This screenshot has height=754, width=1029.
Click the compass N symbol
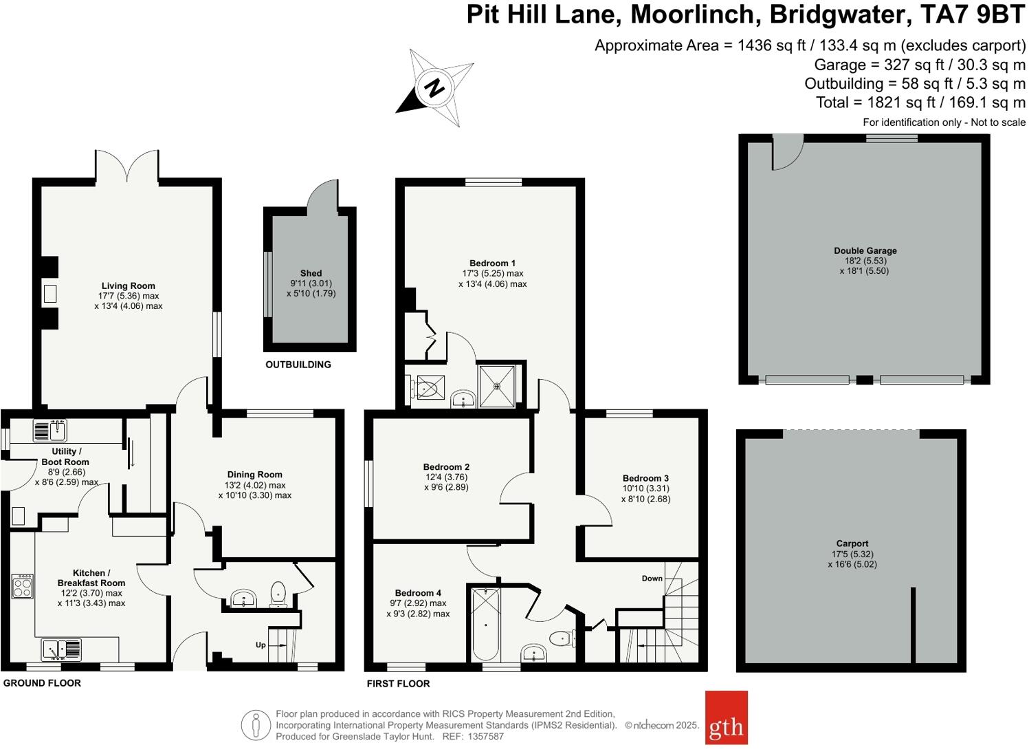[434, 88]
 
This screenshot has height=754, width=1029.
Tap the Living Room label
[129, 286]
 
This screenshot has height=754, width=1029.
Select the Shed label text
[311, 273]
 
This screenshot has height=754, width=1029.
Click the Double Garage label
[865, 250]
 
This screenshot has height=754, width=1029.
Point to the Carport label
[852, 543]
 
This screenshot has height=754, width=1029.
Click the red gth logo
[726, 718]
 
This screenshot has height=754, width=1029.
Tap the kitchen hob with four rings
[22, 586]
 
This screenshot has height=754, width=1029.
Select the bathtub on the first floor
[485, 625]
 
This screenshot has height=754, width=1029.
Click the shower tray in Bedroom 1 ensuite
[496, 385]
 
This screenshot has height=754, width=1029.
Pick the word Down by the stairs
[652, 578]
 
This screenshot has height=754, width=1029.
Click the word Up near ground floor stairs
[261, 645]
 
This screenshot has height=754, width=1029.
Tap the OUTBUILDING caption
[298, 365]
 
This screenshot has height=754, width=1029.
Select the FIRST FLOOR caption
[398, 683]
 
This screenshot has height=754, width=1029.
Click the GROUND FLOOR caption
[43, 683]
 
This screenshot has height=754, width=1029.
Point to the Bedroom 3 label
[645, 478]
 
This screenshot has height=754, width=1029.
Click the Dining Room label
[254, 474]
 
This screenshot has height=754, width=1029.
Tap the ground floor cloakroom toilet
[278, 593]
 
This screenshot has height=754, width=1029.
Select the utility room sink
[49, 431]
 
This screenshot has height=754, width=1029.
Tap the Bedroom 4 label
[418, 592]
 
